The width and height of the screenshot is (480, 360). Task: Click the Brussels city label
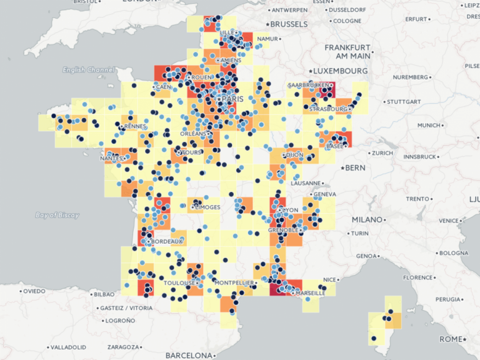tap(289, 24)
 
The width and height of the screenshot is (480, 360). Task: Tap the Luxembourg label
tap(342, 71)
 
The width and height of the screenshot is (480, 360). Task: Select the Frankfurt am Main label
tap(347, 51)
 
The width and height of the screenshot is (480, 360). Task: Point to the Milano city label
tap(366, 220)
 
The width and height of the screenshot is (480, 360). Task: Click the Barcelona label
tap(189, 355)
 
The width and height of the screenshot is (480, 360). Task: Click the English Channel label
tap(88, 70)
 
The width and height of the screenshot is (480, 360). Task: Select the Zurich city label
tap(381, 153)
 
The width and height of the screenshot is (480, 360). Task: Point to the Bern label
tap(355, 167)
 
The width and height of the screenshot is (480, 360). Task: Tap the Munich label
tap(429, 126)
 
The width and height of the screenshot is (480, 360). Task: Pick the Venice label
tap(448, 221)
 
